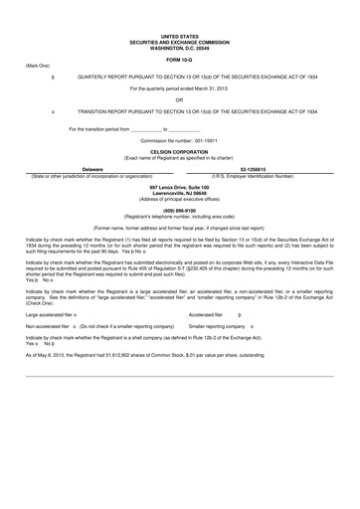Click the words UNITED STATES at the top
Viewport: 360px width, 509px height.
tap(179, 35)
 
